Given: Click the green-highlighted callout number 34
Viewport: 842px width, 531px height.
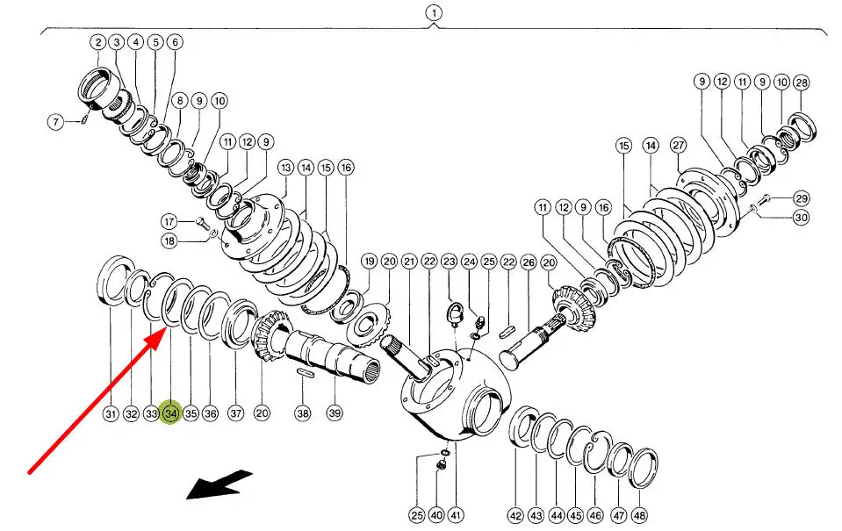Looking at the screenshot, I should coord(170,413).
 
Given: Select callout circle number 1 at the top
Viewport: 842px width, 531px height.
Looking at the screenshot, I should coord(434,13).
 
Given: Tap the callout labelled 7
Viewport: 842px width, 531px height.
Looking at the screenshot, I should coord(56,122).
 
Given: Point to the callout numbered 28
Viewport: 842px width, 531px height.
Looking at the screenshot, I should coord(801,82).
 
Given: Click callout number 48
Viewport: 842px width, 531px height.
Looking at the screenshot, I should coord(639,515).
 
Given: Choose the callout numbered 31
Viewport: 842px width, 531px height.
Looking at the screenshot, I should coord(110,413).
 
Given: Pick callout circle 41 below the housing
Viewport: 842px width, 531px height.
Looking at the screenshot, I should coord(455,515).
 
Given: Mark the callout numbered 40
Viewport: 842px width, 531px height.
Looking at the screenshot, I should coord(436,515).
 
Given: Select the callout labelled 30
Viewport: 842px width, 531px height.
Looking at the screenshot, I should coord(801,218).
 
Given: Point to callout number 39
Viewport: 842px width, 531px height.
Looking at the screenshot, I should coord(335,413).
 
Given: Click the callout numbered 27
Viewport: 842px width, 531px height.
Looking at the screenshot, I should coord(678,145).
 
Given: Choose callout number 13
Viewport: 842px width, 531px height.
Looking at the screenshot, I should coord(285,167).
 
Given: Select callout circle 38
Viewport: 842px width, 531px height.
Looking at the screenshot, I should coord(302,413).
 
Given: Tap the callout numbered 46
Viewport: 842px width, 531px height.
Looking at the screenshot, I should coord(595,515).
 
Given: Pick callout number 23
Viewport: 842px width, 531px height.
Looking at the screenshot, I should coord(450,262).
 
